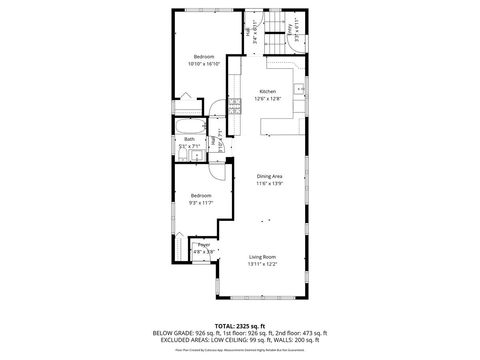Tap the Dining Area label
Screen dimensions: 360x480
tap(269, 176)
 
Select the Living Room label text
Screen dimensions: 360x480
tap(263, 257)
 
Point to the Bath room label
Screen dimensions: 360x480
tap(189, 139)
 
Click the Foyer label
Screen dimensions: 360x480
tap(203, 244)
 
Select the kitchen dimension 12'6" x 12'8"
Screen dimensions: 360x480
tap(266, 99)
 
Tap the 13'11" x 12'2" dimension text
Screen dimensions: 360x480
tap(263, 265)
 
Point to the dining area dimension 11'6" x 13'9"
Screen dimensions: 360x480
tap(269, 184)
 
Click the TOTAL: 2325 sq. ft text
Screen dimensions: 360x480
tap(240, 326)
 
